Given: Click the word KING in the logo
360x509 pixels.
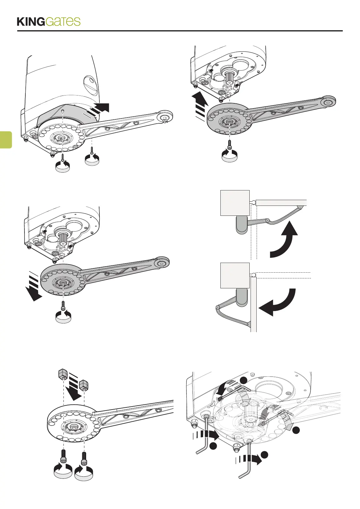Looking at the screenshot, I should (x=31, y=22).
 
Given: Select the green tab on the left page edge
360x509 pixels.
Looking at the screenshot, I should (x=6, y=140).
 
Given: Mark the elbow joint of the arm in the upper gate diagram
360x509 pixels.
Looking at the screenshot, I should (x=268, y=221).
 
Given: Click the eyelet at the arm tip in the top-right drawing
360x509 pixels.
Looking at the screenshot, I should (x=327, y=102).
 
